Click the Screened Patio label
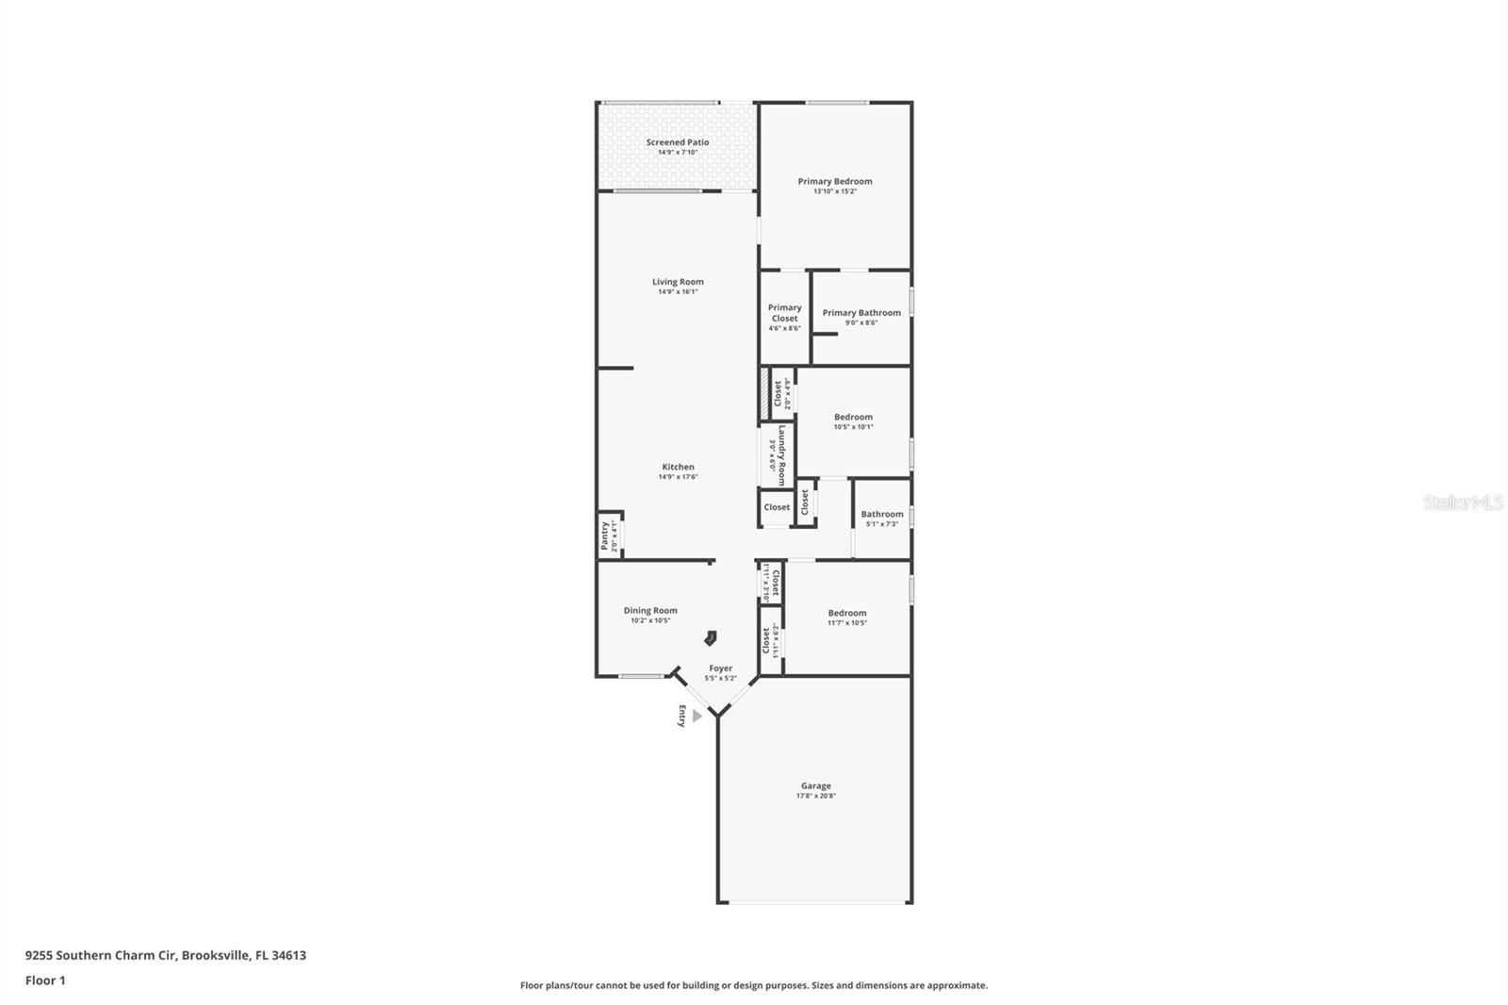(677, 142)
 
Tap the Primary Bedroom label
(834, 181)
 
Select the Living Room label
(678, 282)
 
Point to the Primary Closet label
(784, 313)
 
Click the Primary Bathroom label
(861, 313)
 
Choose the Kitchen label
(678, 467)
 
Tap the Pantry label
(605, 536)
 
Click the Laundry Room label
(781, 455)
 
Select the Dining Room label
(650, 610)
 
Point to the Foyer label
(720, 668)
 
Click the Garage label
(815, 785)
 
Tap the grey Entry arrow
(697, 717)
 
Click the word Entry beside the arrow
(681, 717)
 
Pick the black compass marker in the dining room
(711, 638)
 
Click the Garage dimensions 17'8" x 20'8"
(815, 797)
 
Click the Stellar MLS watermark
(1463, 502)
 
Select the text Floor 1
(45, 980)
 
